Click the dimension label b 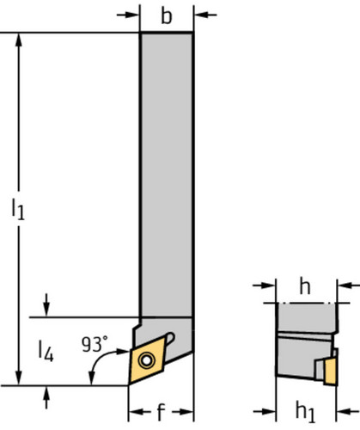click(x=167, y=16)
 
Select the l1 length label click(x=18, y=209)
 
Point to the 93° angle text click(x=95, y=344)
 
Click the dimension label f click(x=162, y=412)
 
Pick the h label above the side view click(x=305, y=286)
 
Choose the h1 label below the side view click(x=305, y=412)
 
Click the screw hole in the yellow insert click(x=146, y=360)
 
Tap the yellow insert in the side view click(x=331, y=372)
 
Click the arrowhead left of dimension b click(x=132, y=15)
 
